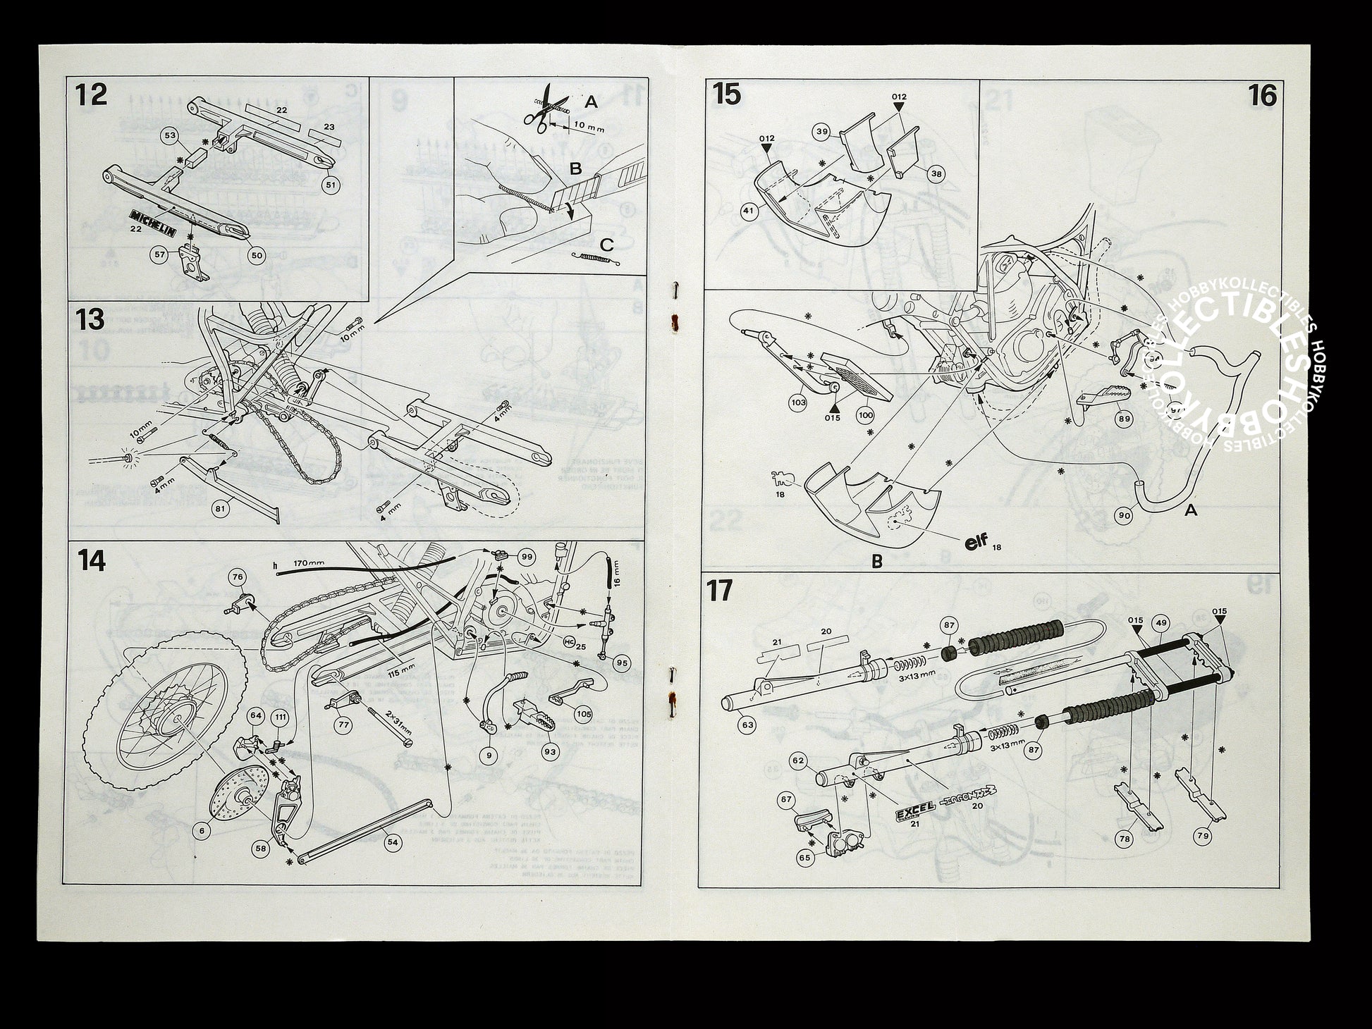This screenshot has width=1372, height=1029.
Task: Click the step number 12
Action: coord(92,94)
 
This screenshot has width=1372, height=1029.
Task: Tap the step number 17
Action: coord(720,591)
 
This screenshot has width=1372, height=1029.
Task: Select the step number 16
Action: coord(1261,94)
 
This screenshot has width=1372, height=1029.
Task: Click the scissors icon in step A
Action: coord(541,111)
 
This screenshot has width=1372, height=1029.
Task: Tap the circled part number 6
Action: coord(202,830)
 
